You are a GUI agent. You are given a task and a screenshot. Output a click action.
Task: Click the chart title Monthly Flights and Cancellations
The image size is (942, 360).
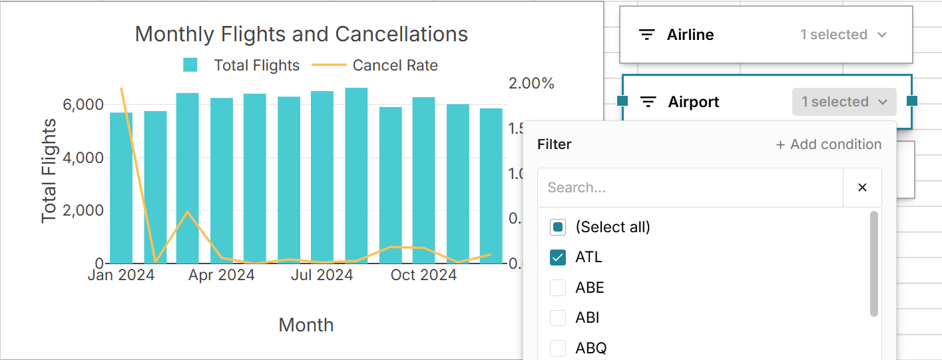coord(301,34)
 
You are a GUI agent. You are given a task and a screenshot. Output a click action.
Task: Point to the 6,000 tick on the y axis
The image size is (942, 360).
coord(83,105)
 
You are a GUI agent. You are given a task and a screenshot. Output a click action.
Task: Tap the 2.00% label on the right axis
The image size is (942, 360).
coord(531,84)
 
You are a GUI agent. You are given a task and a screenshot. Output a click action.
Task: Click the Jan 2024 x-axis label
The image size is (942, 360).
coord(121,275)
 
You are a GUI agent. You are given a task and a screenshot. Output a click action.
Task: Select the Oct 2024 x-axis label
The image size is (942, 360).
coord(423,275)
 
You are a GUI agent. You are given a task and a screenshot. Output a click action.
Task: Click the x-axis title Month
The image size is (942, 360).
coord(306,325)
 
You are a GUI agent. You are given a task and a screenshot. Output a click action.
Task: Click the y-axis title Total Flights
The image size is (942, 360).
coord(49,171)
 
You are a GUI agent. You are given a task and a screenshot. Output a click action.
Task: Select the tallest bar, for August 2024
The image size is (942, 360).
coord(356,176)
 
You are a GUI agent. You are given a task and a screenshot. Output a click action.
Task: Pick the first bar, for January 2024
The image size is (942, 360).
coord(121,188)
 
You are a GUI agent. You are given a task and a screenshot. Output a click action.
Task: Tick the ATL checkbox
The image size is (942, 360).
coord(558,258)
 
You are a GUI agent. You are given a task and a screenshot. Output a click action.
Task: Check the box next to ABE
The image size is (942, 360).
coord(558,288)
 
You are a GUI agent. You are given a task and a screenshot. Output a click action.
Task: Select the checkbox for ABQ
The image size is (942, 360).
coord(558,348)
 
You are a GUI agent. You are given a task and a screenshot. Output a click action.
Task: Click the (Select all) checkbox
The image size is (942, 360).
coord(558,228)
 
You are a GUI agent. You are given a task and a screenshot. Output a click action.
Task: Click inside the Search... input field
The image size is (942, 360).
coord(690,188)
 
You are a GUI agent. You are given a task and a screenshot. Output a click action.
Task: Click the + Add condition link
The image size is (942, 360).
coord(829,144)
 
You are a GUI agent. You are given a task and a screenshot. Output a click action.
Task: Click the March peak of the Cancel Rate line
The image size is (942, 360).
coord(188,212)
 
